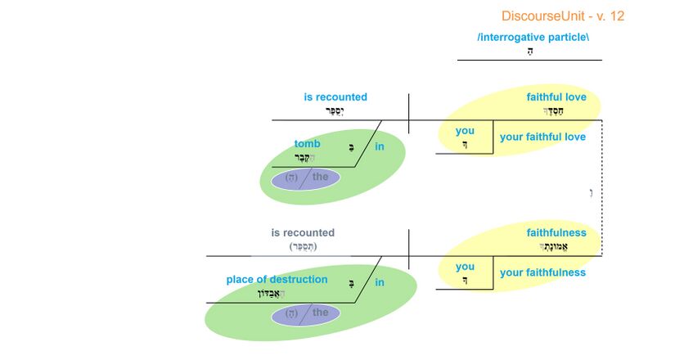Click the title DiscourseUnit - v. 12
(563, 16)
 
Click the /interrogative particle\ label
(532, 37)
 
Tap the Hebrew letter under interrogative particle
(530, 51)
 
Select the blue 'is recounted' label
(335, 97)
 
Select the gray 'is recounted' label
(303, 233)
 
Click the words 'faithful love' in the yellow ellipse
(556, 97)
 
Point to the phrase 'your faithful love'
(542, 137)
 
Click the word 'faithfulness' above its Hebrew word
(556, 233)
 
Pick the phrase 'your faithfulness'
(542, 272)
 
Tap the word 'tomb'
(308, 144)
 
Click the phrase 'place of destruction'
(277, 280)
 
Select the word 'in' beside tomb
(380, 147)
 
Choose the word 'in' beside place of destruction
(380, 283)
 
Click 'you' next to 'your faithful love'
(465, 131)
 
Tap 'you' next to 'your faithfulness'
(465, 267)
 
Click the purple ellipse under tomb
(305, 178)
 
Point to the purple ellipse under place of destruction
(305, 313)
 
